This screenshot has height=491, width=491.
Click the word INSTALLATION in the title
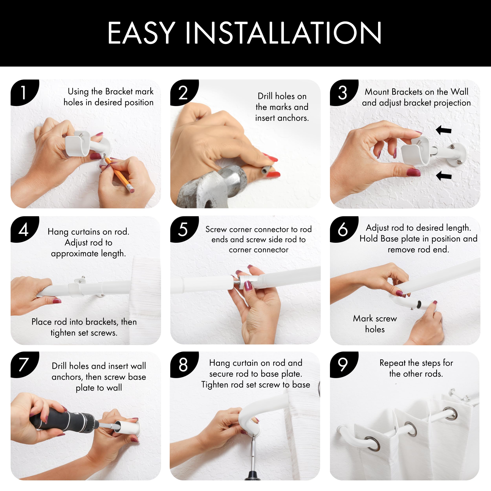(x=283, y=33)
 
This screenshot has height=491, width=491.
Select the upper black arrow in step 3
(x=443, y=130)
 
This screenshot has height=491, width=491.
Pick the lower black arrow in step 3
(x=443, y=175)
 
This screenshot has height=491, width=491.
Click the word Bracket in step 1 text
(x=119, y=92)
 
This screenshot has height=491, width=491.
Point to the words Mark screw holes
(x=375, y=324)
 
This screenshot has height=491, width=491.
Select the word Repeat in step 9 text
(x=393, y=363)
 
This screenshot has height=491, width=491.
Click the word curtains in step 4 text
(x=86, y=232)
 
